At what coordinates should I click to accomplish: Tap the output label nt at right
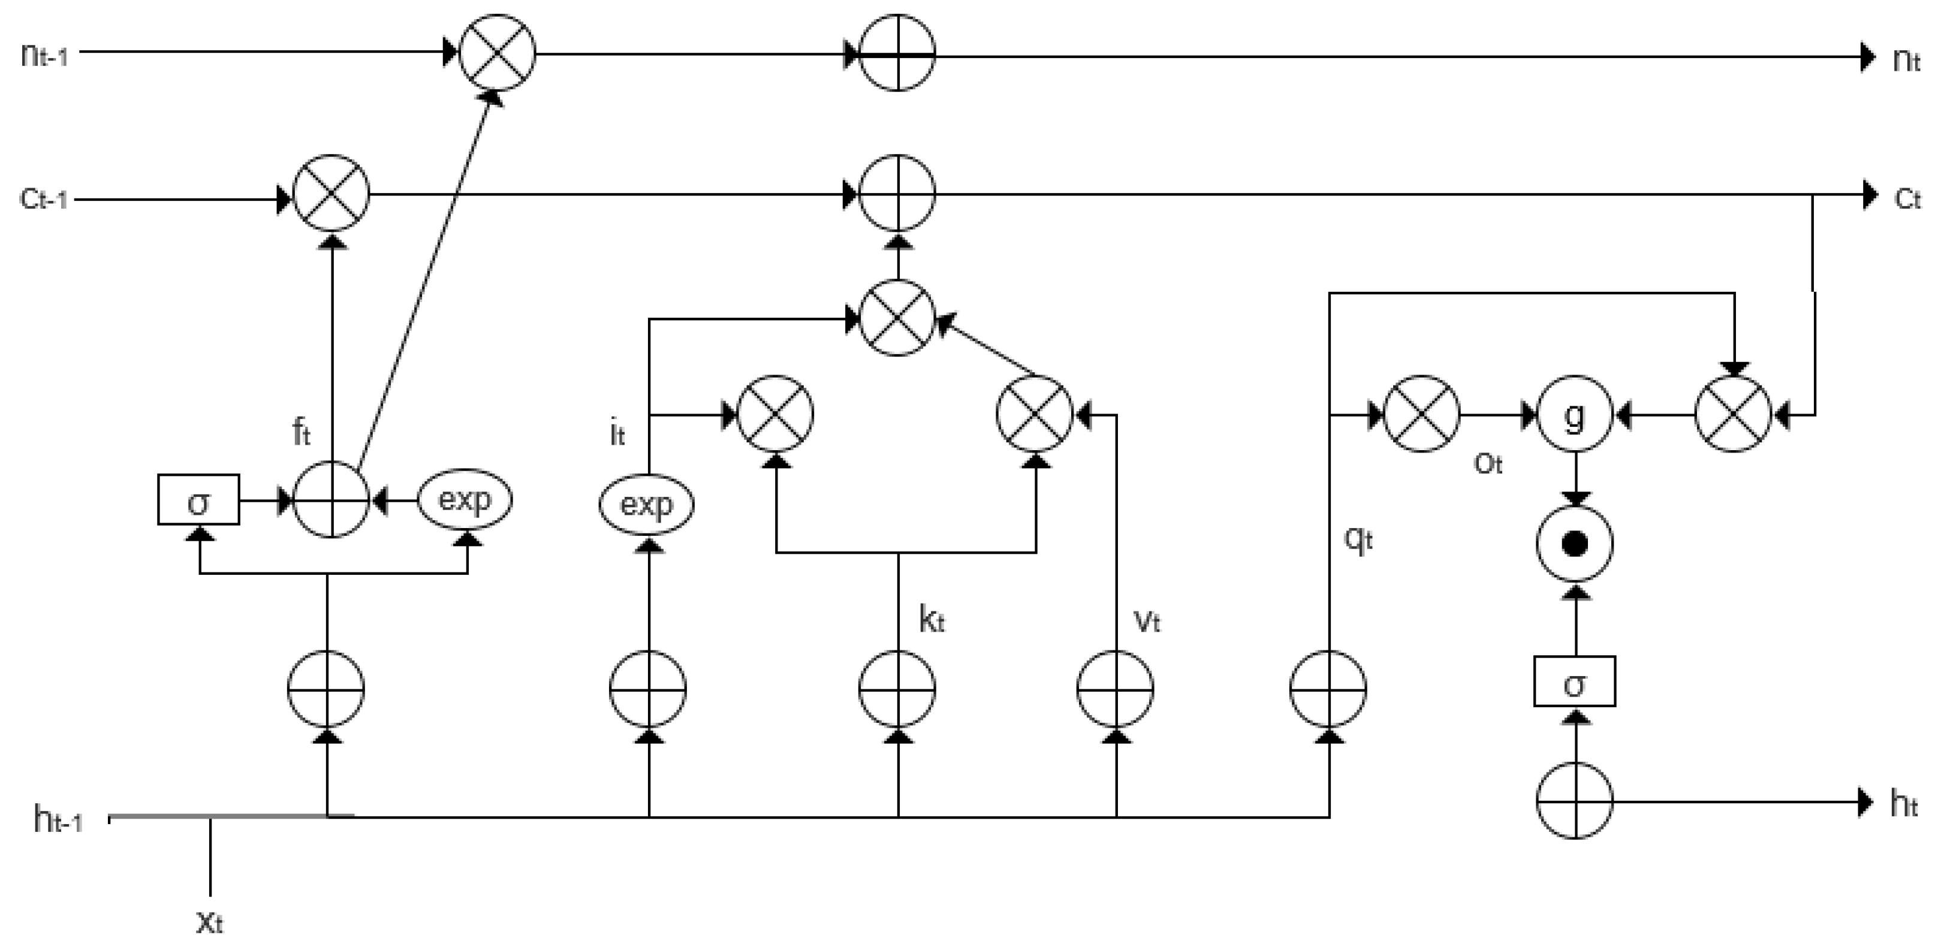pos(1906,59)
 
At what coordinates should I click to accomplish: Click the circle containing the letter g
pos(1575,415)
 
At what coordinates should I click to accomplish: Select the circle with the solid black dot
pos(1575,544)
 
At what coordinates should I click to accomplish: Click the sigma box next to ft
pos(198,499)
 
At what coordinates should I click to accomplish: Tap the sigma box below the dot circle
pos(1575,682)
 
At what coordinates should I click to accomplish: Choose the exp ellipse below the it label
pos(646,504)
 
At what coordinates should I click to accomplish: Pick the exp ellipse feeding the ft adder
pos(465,499)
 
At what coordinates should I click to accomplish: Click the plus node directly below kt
pos(897,689)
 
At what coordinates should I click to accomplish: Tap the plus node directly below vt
pos(1116,689)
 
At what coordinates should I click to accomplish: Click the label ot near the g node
pos(1488,464)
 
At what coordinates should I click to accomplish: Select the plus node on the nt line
pos(897,53)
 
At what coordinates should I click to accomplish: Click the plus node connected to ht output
pos(1575,801)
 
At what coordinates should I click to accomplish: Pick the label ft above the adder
pos(300,433)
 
